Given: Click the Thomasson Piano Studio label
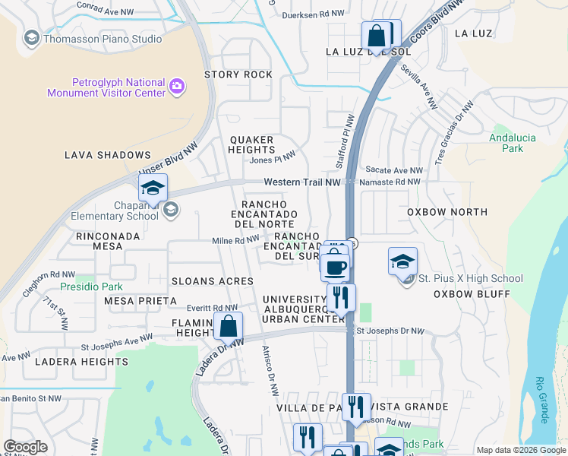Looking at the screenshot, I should click(x=103, y=39).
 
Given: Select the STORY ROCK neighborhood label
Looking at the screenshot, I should click(x=238, y=74).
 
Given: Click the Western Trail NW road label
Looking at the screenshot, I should click(x=301, y=182).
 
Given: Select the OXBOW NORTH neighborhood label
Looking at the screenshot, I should click(x=445, y=212).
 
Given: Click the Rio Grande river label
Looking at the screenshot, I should click(x=541, y=399).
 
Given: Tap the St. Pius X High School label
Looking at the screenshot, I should click(x=470, y=279).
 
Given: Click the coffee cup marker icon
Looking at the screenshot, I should click(x=335, y=267).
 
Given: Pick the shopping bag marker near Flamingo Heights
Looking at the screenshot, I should click(x=228, y=327).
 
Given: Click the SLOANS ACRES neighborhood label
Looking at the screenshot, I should click(x=211, y=281).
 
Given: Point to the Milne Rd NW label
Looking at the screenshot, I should click(x=235, y=240).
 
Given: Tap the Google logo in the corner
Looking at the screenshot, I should click(x=25, y=447).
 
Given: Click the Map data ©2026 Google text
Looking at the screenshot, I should click(x=520, y=450).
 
